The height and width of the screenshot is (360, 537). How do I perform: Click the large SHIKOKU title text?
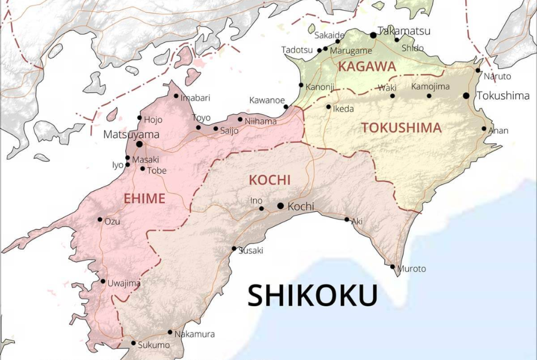click(313, 296)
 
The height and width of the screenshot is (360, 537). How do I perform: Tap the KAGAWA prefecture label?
click(367, 67)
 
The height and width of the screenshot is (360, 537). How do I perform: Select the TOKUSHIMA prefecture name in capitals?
click(402, 128)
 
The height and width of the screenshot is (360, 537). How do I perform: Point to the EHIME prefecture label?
click(144, 199)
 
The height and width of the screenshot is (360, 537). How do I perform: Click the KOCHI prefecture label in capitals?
click(269, 180)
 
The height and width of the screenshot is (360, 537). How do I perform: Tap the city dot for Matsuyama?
click(139, 144)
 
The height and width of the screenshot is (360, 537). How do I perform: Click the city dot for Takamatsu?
click(373, 35)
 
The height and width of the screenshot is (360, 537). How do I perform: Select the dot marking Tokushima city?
click(466, 96)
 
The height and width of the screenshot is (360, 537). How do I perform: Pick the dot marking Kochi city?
click(280, 206)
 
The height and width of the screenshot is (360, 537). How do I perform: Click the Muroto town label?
click(412, 269)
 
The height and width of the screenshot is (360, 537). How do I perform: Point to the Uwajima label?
click(124, 283)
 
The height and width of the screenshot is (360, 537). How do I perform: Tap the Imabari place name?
click(196, 97)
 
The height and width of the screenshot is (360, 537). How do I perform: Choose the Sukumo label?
click(153, 345)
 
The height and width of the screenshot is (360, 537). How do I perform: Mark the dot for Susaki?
click(234, 248)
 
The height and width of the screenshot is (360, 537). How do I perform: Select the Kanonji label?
click(320, 87)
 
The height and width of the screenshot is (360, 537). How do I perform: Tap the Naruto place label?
click(497, 76)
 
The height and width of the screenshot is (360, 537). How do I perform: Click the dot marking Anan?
click(484, 128)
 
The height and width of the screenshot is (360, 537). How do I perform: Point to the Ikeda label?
click(343, 109)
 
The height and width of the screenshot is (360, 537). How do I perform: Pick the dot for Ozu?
click(100, 219)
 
